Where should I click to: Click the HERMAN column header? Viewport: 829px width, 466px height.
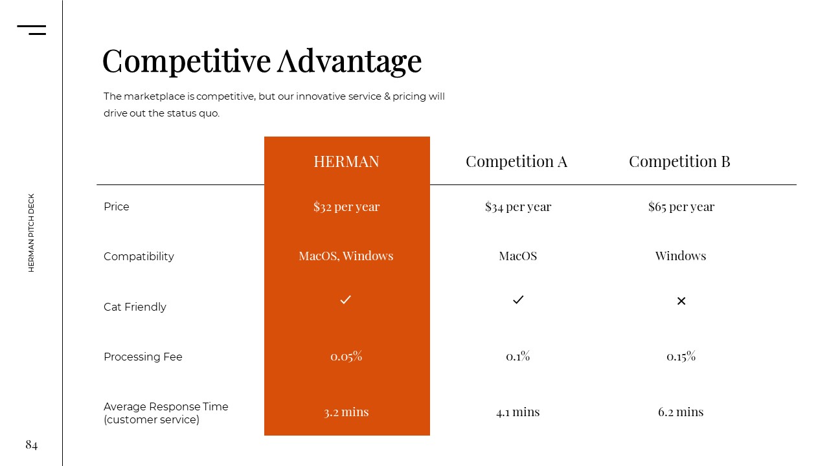point(346,162)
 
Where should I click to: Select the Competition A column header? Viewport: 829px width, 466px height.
point(517,162)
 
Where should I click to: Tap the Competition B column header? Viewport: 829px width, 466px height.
point(680,162)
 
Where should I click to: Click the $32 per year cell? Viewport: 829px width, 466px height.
point(346,206)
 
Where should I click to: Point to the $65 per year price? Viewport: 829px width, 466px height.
point(681,206)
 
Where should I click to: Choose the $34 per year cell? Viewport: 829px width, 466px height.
point(518,206)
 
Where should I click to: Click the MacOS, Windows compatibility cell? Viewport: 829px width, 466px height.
point(346,256)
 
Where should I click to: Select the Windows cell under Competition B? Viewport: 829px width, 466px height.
point(681,256)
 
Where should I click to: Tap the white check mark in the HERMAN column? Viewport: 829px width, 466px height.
point(345,300)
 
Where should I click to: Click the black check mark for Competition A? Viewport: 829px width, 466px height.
point(518,300)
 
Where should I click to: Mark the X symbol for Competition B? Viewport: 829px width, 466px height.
point(681,301)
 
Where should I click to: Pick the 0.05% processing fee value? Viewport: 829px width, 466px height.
point(346,356)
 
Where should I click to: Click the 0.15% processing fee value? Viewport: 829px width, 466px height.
point(681,356)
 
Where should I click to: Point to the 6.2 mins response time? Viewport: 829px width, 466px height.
point(681,412)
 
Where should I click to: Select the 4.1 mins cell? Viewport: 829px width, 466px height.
point(518,412)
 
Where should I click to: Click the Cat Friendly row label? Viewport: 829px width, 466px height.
point(135,307)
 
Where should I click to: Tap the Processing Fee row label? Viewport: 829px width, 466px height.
point(143,357)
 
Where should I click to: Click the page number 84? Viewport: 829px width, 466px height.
point(32,445)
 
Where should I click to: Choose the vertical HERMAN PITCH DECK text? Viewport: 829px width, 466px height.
point(31,233)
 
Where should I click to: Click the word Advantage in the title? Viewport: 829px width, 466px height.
point(350,62)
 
